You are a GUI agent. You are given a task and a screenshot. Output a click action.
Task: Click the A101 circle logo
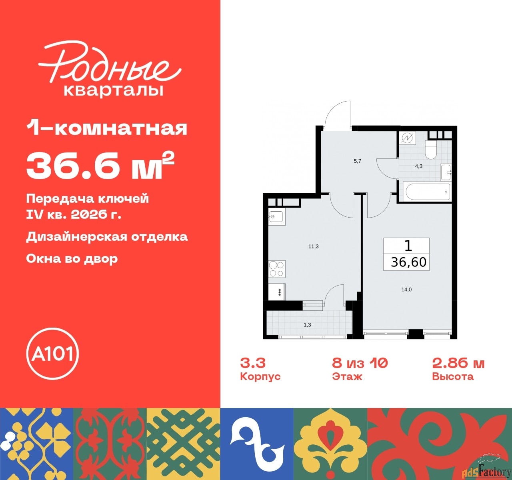pyautogui.click(x=52, y=354)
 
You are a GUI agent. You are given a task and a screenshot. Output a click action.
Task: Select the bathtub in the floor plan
pyautogui.click(x=428, y=192)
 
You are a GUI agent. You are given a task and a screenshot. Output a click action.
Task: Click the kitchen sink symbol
pyautogui.click(x=276, y=217)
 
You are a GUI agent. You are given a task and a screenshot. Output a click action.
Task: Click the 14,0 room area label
pyautogui.click(x=406, y=290)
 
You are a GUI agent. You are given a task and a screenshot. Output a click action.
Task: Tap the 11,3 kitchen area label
pyautogui.click(x=313, y=246)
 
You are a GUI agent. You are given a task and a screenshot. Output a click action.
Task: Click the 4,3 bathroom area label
pyautogui.click(x=419, y=166)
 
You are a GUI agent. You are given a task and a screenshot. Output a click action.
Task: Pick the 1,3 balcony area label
pyautogui.click(x=307, y=325)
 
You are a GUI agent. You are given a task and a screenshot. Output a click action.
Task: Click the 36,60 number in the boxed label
pyautogui.click(x=408, y=262)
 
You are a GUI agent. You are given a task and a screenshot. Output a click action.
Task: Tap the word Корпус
pyautogui.click(x=260, y=377)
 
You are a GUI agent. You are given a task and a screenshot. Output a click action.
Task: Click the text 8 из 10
pyautogui.click(x=360, y=363)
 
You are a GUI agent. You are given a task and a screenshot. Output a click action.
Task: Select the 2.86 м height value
pyautogui.click(x=458, y=363)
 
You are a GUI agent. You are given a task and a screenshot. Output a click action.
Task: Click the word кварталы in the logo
pyautogui.click(x=114, y=90)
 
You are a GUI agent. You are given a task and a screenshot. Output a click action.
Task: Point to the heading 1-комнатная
pyautogui.click(x=107, y=128)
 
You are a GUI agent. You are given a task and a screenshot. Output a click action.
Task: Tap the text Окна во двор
pyautogui.click(x=72, y=258)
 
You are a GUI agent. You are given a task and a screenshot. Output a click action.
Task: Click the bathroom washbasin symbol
pyautogui.click(x=446, y=172)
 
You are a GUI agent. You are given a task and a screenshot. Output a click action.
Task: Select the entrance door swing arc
pyautogui.click(x=337, y=113)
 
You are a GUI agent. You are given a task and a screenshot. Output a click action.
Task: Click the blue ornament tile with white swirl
pyautogui.click(x=257, y=444)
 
